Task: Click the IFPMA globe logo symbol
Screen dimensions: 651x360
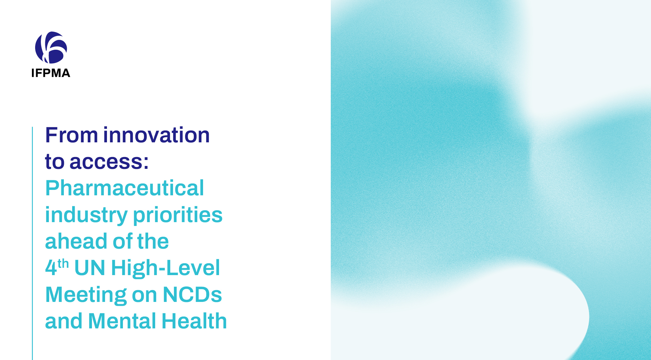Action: tap(51, 48)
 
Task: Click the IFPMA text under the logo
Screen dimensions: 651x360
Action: tap(51, 73)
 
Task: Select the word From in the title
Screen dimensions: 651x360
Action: tap(72, 135)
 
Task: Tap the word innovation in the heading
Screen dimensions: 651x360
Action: tap(156, 135)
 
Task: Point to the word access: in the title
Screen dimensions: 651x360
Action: tap(109, 162)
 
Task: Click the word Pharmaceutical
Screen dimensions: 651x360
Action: tap(125, 188)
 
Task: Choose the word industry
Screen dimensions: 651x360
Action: tap(86, 215)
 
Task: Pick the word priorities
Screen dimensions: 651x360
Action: tap(178, 215)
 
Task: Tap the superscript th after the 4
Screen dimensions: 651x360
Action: tap(63, 264)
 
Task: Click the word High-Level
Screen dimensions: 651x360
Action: tap(165, 268)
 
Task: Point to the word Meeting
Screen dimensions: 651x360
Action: tap(86, 295)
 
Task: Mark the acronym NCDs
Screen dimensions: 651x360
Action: tap(193, 295)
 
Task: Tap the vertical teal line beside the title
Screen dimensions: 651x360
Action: tap(32, 243)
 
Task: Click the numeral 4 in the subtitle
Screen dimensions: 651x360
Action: tap(51, 268)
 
